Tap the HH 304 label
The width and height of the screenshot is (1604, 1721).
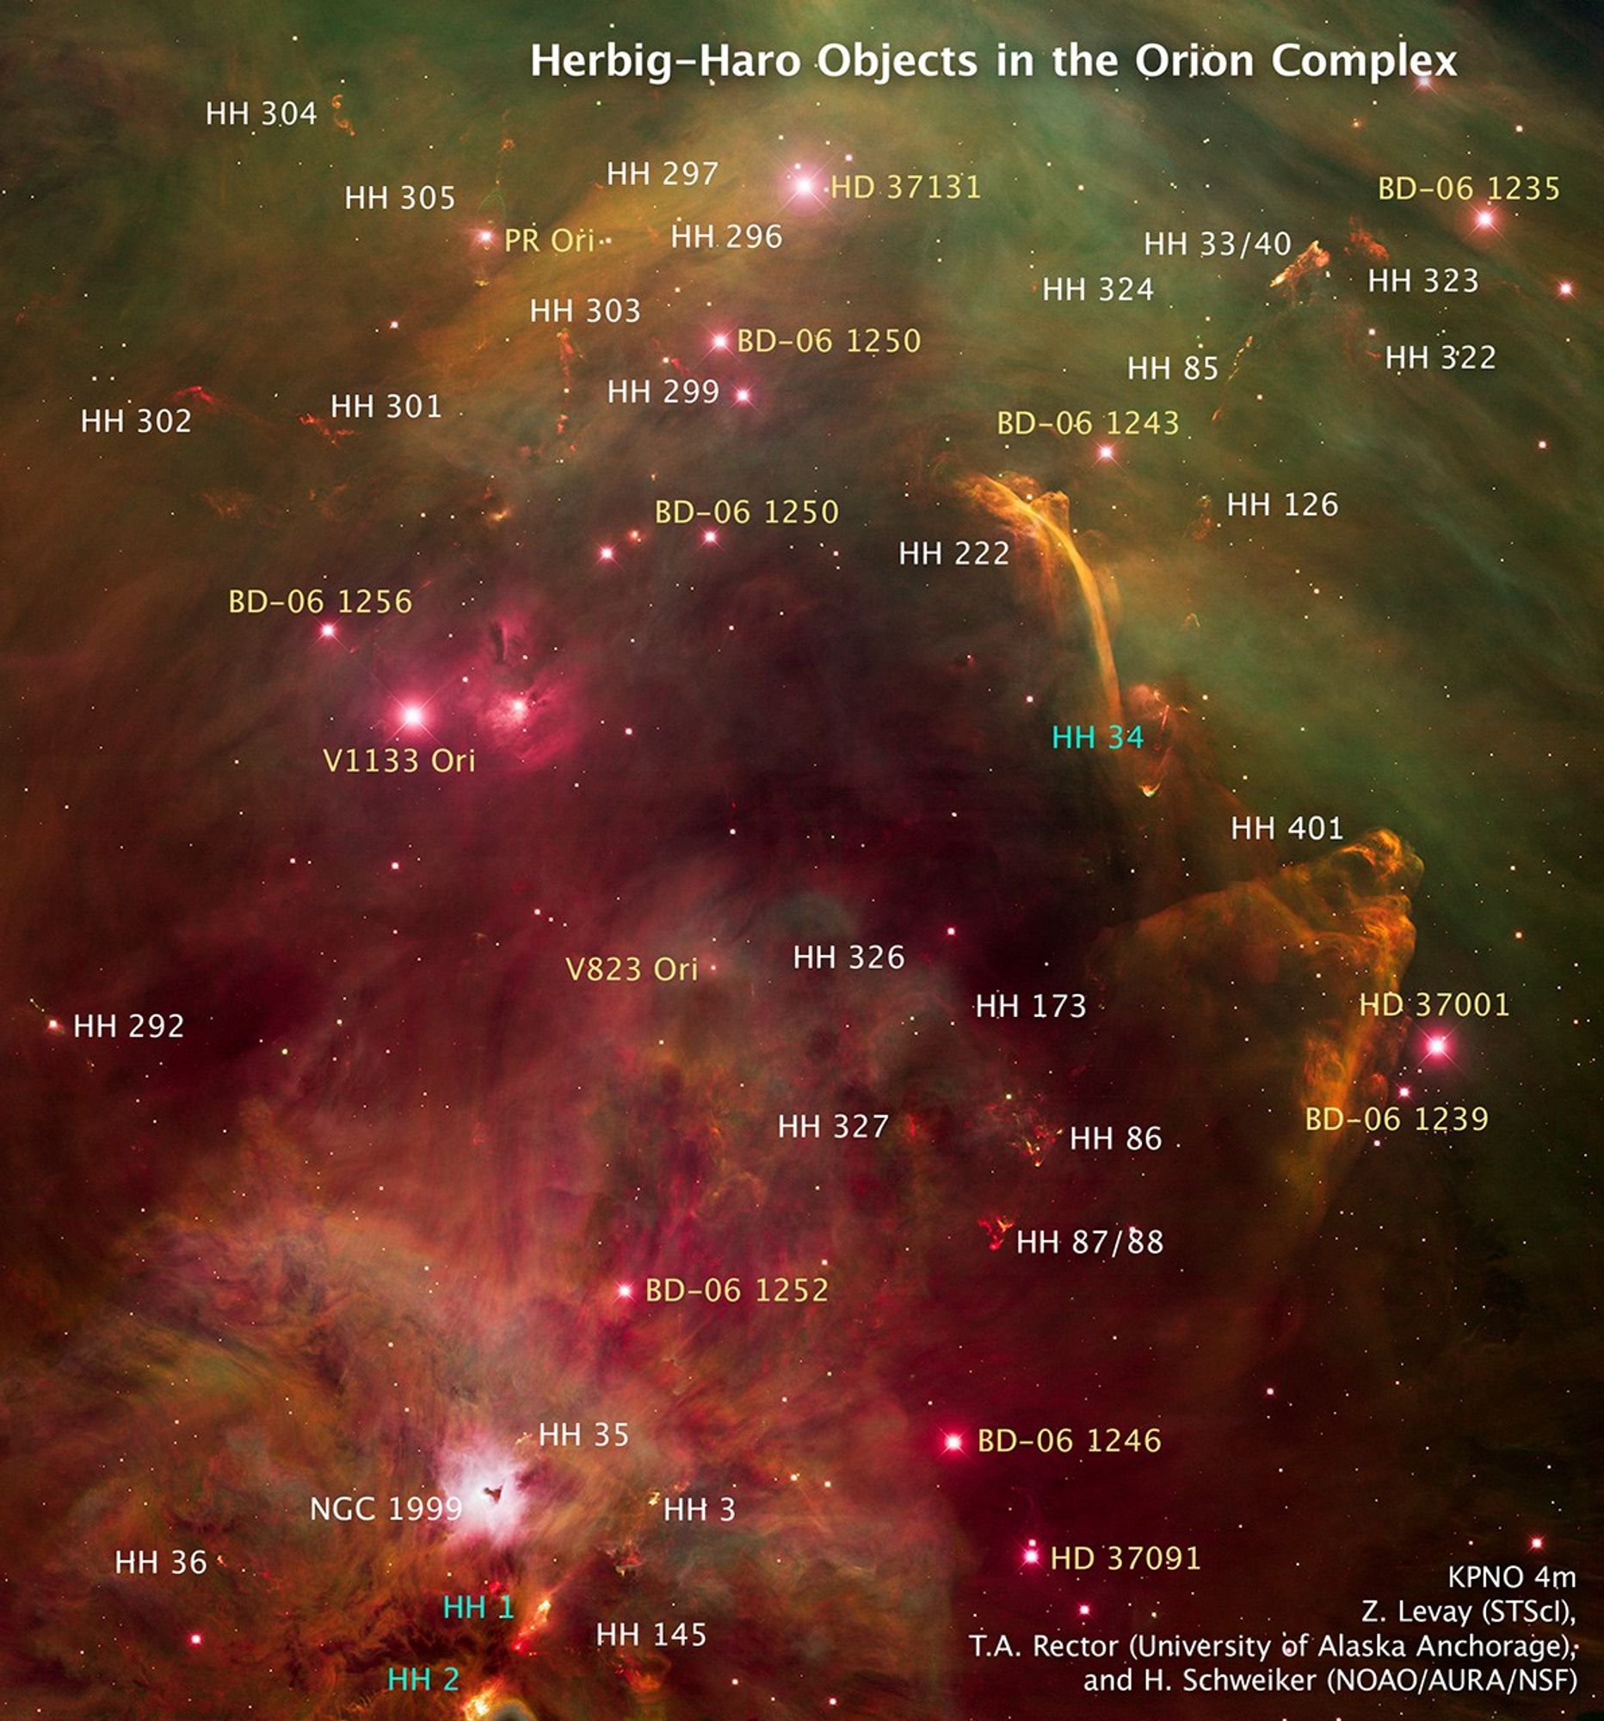(262, 114)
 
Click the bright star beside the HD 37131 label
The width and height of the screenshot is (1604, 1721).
(805, 184)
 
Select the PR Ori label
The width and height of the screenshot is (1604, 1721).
(549, 240)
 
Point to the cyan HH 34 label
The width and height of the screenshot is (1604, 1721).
(1097, 737)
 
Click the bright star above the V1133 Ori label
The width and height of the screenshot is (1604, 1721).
(413, 715)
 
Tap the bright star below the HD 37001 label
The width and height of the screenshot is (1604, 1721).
(1436, 1046)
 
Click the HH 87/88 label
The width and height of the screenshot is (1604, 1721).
(1089, 1243)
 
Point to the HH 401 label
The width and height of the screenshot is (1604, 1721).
(1286, 829)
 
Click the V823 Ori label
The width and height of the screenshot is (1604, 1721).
(631, 969)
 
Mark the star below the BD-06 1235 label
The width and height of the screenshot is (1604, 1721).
(1485, 219)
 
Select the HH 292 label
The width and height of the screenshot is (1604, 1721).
(129, 1026)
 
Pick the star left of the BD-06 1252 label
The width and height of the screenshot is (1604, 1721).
(624, 1291)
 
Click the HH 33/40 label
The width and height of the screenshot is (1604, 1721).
(1217, 244)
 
